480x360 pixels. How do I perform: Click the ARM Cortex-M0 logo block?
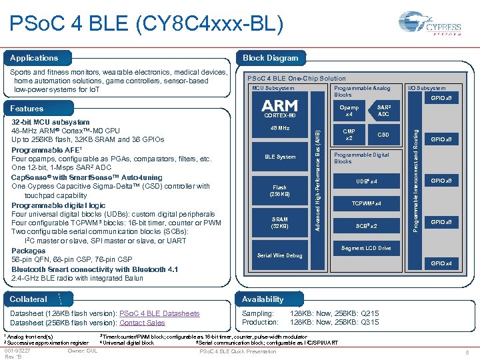280,109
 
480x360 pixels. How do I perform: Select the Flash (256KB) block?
280,191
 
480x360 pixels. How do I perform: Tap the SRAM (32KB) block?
280,223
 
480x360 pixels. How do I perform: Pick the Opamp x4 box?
349,111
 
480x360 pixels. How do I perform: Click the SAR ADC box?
384,111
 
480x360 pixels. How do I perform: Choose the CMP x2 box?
349,135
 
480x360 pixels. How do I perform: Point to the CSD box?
384,135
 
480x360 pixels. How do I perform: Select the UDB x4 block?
367,181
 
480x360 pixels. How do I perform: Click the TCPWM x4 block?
367,203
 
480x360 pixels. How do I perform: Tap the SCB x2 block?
367,226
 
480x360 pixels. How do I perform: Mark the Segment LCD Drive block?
366,248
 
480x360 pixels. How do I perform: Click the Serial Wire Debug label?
280,255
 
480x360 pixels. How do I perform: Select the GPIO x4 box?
441,263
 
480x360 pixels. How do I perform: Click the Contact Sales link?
142,323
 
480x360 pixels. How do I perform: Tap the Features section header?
27,109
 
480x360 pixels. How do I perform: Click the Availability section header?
263,299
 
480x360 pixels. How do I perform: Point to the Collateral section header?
29,299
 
